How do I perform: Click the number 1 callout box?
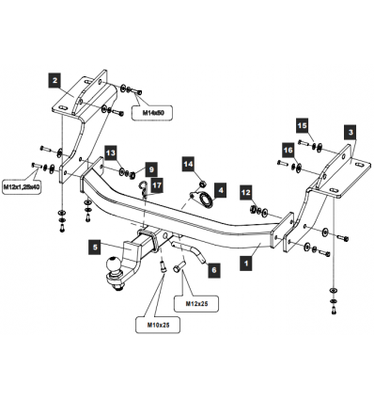[x=246, y=263]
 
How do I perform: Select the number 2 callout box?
[x=55, y=80]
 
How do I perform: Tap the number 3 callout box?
[x=351, y=132]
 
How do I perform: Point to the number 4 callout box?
[x=221, y=190]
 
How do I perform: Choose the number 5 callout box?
[x=95, y=248]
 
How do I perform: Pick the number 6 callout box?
[x=214, y=270]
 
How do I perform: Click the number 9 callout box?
[x=151, y=169]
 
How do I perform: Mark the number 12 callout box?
[x=246, y=193]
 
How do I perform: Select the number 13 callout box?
[x=110, y=153]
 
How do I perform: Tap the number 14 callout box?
[x=189, y=165]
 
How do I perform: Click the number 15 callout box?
[x=303, y=126]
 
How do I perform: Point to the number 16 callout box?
[x=288, y=151]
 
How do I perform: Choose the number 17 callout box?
[x=157, y=185]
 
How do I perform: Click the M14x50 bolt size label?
[x=153, y=113]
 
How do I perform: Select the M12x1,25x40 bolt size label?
[x=22, y=187]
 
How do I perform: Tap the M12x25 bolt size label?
[x=196, y=304]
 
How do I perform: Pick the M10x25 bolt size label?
[x=158, y=325]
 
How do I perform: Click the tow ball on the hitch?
[x=114, y=264]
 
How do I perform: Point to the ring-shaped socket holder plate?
[x=203, y=200]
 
